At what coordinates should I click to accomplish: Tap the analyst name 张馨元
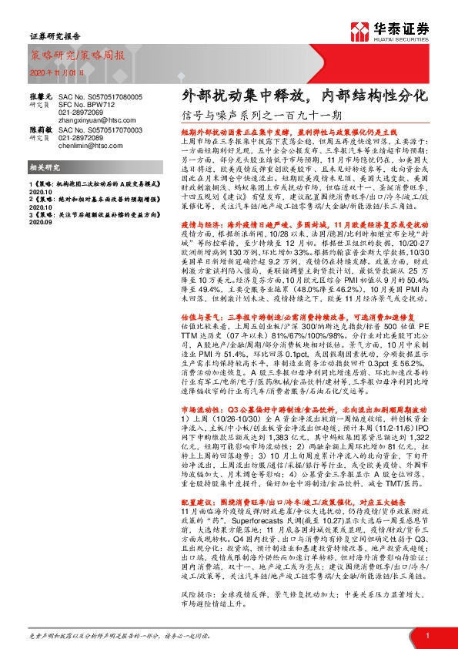[x=40, y=92]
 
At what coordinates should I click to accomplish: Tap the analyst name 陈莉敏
[x=40, y=131]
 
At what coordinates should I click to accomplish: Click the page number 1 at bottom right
[x=426, y=635]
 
